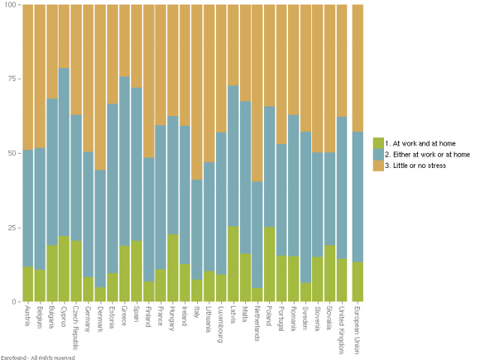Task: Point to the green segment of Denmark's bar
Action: pos(100,294)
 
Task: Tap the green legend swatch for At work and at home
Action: pos(379,142)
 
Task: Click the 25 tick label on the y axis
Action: pos(13,227)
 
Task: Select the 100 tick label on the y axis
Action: pos(12,4)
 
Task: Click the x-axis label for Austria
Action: pos(27,316)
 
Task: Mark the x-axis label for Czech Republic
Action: pos(76,325)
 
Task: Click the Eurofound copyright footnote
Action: pos(37,357)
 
